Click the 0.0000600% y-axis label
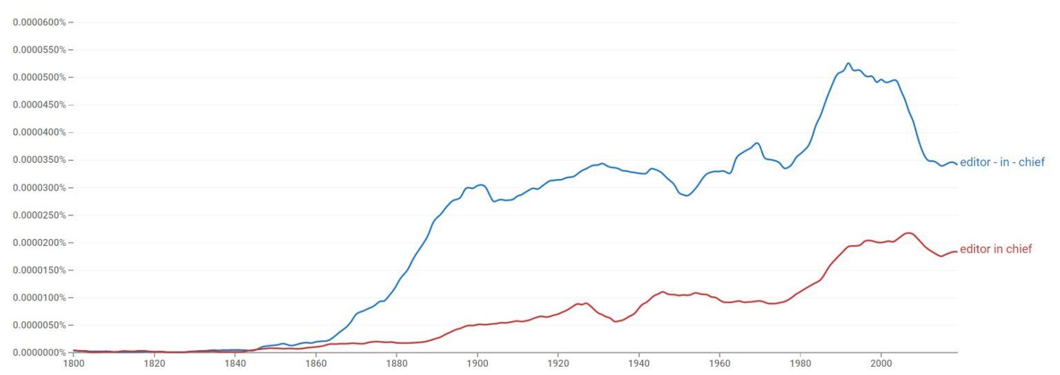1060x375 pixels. [39, 22]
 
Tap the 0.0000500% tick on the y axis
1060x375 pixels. [39, 77]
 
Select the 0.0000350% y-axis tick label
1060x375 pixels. [39, 160]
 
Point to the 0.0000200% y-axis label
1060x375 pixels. [39, 242]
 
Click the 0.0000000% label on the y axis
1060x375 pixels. [39, 352]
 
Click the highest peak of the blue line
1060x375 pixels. [848, 64]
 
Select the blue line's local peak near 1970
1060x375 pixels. [757, 143]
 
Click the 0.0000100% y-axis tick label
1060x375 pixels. [39, 298]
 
